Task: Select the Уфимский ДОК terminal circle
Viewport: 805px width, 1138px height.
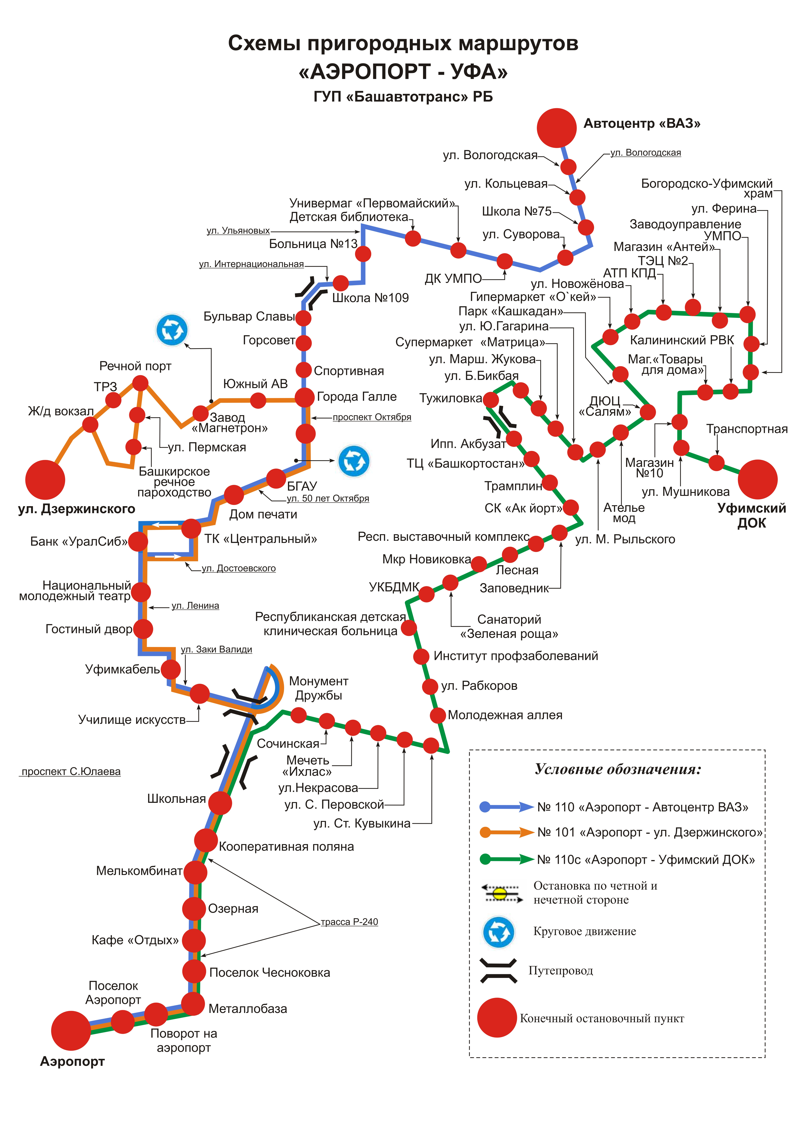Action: coord(757,479)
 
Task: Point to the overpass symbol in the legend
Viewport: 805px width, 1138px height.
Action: coord(498,971)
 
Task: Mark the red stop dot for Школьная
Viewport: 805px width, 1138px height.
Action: coord(220,803)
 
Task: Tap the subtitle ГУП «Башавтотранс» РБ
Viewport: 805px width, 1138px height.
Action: coord(403,97)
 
